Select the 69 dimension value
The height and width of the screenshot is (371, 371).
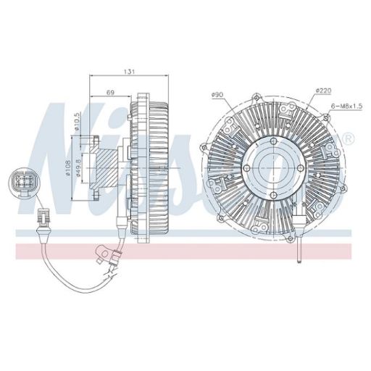[111, 93]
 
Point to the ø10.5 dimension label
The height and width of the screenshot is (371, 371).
[77, 120]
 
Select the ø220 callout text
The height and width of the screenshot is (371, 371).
[322, 90]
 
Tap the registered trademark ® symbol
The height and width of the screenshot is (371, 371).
[349, 138]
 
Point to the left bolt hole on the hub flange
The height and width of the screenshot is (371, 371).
[249, 168]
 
